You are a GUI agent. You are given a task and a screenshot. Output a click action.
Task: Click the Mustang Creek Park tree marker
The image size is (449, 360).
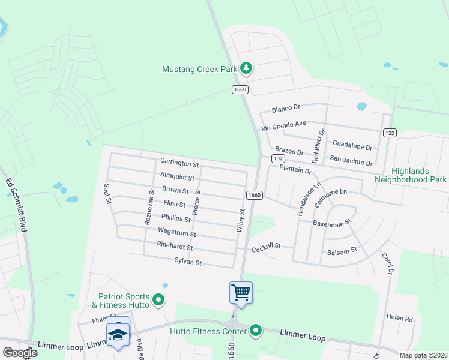pos(246,69)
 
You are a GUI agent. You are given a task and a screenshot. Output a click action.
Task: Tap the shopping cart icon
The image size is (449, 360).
pos(241,293)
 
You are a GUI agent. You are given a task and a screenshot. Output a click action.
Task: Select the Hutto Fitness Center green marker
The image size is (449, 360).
pos(256,330)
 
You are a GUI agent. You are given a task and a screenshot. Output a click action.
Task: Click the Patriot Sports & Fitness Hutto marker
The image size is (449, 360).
pos(158,299)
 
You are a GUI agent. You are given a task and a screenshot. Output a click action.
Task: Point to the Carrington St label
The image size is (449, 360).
pos(179,163)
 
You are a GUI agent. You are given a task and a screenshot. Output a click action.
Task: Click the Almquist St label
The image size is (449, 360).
pos(177,178)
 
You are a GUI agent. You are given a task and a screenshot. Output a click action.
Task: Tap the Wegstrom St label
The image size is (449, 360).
pos(176,232)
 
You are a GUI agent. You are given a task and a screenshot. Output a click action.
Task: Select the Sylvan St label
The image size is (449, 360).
pos(187,263)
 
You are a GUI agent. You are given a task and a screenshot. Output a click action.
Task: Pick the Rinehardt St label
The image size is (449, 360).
pos(175,247)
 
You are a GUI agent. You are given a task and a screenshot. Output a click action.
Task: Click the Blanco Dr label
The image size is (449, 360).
pos(286,109)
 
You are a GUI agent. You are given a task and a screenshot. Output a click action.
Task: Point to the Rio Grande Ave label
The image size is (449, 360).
pos(284,126)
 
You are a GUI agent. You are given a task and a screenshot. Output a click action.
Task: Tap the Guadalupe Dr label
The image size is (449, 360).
pos(352,146)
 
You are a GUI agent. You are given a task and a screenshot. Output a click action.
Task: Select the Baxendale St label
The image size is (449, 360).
pos(331,223)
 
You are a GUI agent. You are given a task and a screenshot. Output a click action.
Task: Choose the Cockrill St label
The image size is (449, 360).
pos(267,248)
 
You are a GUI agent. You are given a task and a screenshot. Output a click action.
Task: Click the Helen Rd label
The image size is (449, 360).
pos(400,317)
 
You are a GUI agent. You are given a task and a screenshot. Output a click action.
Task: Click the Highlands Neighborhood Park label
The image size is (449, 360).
pos(411,175)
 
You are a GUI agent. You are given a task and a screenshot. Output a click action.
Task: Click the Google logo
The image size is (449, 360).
pos(20,353)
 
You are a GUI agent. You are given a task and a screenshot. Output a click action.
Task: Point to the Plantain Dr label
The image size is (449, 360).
pos(295,171)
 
